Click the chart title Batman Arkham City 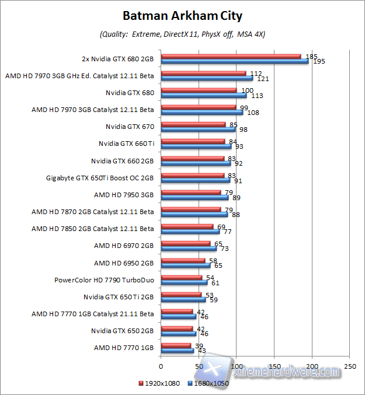point(182,15)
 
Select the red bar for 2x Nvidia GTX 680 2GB point(231,57)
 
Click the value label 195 point(319,61)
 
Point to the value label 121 point(263,78)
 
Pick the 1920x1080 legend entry point(158,383)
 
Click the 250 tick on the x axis point(350,366)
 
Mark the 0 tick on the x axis point(161,366)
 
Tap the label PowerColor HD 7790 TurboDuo point(103,279)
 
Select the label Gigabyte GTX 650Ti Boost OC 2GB point(99,178)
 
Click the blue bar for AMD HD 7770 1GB point(177,350)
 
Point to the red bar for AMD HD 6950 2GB point(183,260)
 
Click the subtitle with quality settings point(182,34)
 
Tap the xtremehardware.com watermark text point(286,371)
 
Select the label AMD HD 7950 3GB point(124,195)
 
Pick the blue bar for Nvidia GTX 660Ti point(196,146)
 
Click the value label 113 point(257,95)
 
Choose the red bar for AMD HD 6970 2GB point(185,243)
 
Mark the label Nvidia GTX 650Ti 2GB point(119,296)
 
